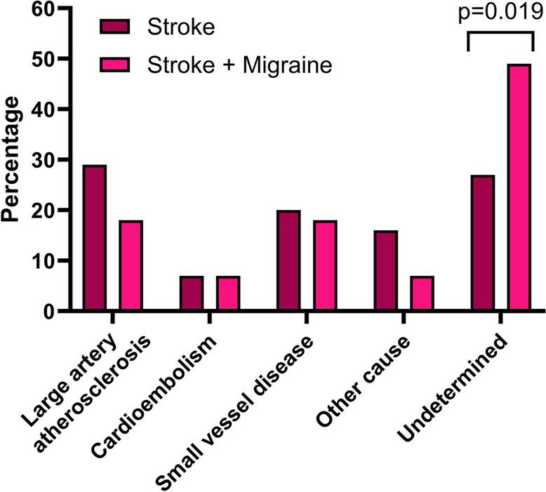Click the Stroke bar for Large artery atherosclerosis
[x=95, y=238]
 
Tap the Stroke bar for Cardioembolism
[x=192, y=293]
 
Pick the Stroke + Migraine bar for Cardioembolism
[x=228, y=293]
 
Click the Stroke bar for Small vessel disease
[x=288, y=260]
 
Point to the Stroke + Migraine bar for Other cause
[x=422, y=293]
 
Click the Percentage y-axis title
[x=12, y=160]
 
